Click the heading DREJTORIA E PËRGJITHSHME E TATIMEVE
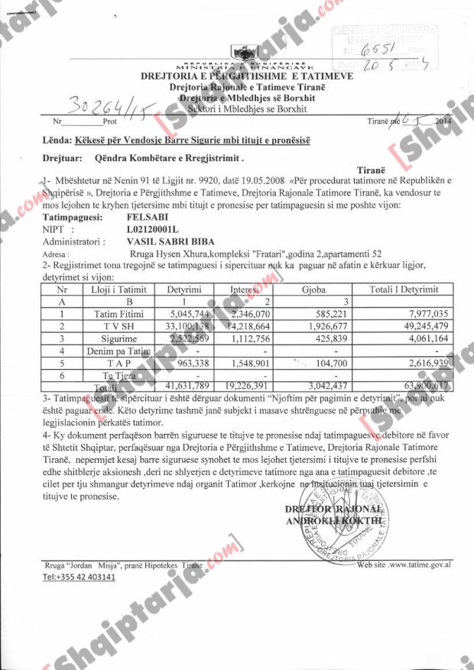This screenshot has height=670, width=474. click(x=246, y=76)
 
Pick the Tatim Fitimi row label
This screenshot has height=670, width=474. click(x=114, y=313)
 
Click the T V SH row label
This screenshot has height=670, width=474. click(x=114, y=325)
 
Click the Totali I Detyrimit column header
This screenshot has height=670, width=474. click(x=403, y=290)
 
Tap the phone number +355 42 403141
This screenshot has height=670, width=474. click(x=79, y=577)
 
